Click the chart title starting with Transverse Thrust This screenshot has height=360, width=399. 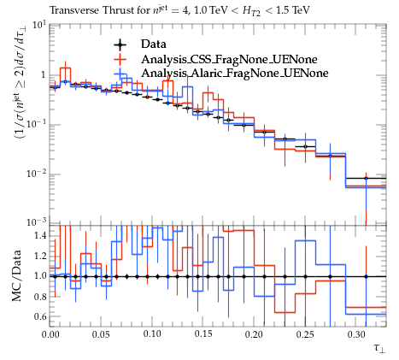pyautogui.click(x=179, y=11)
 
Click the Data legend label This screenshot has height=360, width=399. pyautogui.click(x=154, y=44)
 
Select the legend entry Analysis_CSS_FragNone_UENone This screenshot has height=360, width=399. pyautogui.click(x=229, y=59)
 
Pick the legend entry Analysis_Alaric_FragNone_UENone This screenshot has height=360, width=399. pyautogui.click(x=235, y=73)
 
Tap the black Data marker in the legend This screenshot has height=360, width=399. pyautogui.click(x=120, y=44)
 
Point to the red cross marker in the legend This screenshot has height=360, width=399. pyautogui.click(x=120, y=59)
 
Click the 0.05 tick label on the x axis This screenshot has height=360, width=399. pyautogui.click(x=101, y=334)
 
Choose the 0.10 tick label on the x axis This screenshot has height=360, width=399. pyautogui.click(x=152, y=334)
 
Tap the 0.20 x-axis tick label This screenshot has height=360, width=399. pyautogui.click(x=254, y=334)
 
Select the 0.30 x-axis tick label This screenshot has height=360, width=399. pyautogui.click(x=356, y=334)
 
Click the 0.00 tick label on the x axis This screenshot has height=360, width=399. pyautogui.click(x=50, y=334)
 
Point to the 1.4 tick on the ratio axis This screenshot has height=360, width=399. pyautogui.click(x=40, y=236)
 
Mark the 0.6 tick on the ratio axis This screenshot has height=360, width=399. pyautogui.click(x=40, y=316)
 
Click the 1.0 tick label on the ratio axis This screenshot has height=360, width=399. pyautogui.click(x=40, y=276)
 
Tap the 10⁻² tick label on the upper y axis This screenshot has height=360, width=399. pyautogui.click(x=36, y=174)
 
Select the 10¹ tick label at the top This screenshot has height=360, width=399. pyautogui.click(x=39, y=25)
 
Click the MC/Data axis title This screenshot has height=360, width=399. pyautogui.click(x=17, y=276)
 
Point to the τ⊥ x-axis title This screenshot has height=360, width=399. pyautogui.click(x=379, y=348)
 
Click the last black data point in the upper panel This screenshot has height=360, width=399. pyautogui.click(x=367, y=179)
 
